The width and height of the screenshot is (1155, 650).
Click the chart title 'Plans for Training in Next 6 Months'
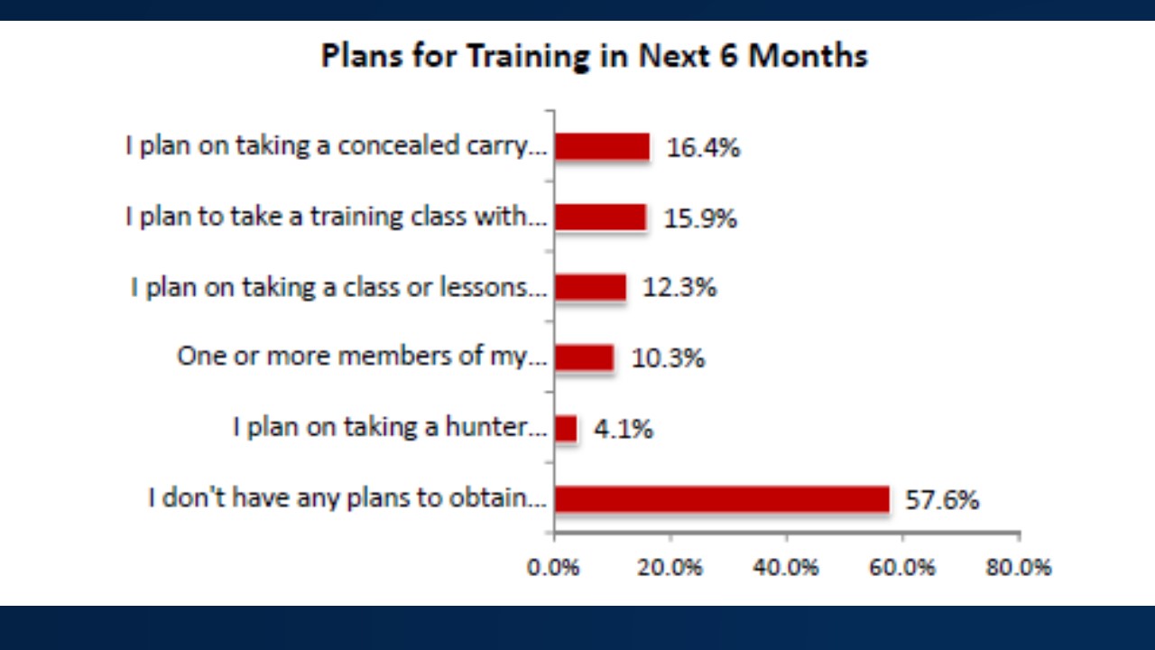[x=594, y=56]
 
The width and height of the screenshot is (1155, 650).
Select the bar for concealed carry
[x=602, y=147]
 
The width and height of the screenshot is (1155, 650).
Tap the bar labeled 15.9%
[x=601, y=218]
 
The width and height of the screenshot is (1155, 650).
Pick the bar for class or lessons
[x=591, y=287]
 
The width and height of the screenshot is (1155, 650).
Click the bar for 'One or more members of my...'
[x=585, y=357]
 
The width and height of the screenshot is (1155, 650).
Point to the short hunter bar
[x=566, y=428]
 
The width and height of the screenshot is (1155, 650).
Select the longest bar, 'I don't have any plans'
[x=723, y=499]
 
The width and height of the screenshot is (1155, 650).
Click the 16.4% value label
[x=703, y=148]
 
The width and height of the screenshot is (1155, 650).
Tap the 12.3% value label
[x=679, y=287]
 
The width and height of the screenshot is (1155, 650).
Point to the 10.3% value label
[x=668, y=358]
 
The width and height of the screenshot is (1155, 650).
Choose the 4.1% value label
[x=624, y=429]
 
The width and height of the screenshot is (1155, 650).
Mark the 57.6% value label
[x=942, y=500]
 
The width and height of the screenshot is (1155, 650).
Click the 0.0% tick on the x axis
[x=553, y=568]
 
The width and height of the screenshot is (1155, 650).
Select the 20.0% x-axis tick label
[x=670, y=568]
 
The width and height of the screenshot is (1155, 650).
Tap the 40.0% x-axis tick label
[x=785, y=568]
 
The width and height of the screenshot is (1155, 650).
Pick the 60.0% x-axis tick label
[x=901, y=568]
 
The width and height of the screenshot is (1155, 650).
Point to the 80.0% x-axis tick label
[x=1019, y=568]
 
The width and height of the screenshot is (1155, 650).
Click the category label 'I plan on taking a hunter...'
[x=390, y=428]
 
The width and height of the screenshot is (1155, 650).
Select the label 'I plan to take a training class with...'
[x=337, y=217]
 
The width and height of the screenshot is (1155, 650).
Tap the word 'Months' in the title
[x=808, y=56]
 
